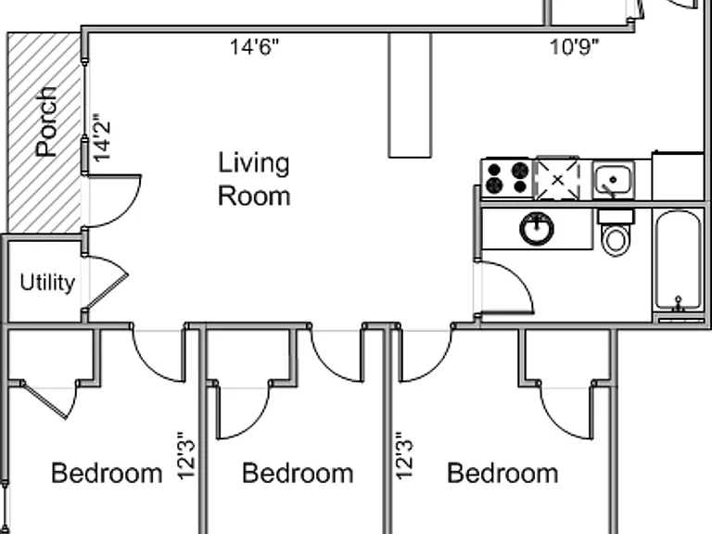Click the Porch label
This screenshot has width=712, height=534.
(x=46, y=121)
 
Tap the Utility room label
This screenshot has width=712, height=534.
(x=47, y=283)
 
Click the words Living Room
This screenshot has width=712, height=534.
(x=254, y=179)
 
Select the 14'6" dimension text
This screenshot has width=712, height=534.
(x=254, y=46)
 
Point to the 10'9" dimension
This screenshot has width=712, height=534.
(x=575, y=46)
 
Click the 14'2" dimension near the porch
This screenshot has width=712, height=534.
(x=102, y=138)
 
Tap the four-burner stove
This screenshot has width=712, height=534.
(x=507, y=179)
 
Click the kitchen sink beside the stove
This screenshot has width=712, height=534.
(x=614, y=180)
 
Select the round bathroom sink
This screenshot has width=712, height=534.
(x=537, y=228)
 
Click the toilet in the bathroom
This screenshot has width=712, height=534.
(x=616, y=233)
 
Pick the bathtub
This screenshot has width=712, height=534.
(x=679, y=261)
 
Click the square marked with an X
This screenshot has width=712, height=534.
(x=557, y=179)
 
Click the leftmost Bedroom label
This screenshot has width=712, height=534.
(x=107, y=473)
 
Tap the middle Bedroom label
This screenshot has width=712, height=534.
(x=298, y=473)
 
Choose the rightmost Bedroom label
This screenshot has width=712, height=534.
(x=502, y=473)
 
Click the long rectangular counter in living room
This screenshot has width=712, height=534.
(x=410, y=95)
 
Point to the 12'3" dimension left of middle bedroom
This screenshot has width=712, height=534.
(x=186, y=455)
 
